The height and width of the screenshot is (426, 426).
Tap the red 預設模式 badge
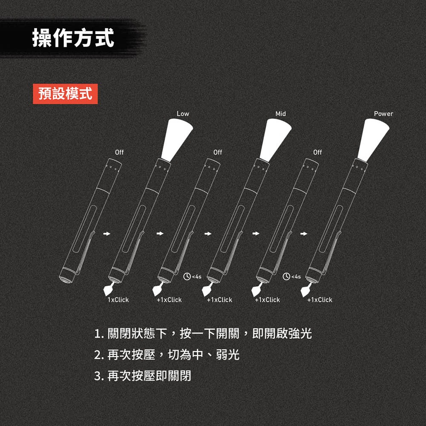point(65,94)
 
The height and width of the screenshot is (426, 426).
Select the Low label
point(183,114)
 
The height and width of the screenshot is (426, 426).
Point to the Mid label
point(280,114)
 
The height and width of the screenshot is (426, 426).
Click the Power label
point(383,114)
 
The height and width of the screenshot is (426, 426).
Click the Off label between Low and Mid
point(218,152)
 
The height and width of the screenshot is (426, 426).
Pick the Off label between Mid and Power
point(317,152)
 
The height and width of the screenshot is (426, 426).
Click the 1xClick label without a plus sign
point(118,300)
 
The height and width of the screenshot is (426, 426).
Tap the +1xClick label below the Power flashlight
point(319,300)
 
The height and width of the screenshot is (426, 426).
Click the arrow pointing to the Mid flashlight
point(207,233)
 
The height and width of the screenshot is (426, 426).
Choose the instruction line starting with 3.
point(143,376)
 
